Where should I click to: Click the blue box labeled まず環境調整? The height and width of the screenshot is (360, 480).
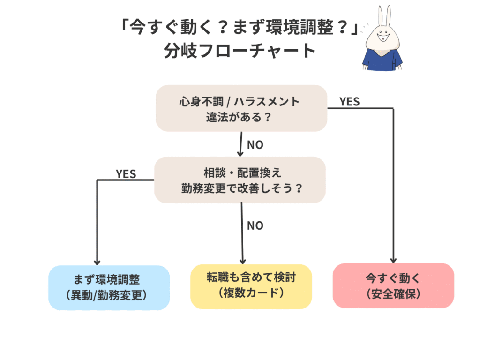point(109,287)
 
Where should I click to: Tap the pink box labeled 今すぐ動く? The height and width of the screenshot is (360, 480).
point(393,285)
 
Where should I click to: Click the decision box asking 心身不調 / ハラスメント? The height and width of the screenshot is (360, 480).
point(241,108)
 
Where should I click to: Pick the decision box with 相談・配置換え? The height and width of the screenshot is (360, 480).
point(240,180)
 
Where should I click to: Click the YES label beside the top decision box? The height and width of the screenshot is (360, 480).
point(349,102)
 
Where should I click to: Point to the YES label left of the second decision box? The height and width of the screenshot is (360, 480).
point(126,174)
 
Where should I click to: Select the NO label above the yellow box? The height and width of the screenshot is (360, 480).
point(255,225)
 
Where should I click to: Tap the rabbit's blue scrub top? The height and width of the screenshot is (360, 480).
point(382,61)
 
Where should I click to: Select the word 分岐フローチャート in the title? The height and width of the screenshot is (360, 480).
point(240,51)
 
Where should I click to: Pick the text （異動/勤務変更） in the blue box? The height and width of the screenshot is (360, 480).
point(109,295)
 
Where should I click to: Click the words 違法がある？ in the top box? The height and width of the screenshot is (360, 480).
point(240,117)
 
